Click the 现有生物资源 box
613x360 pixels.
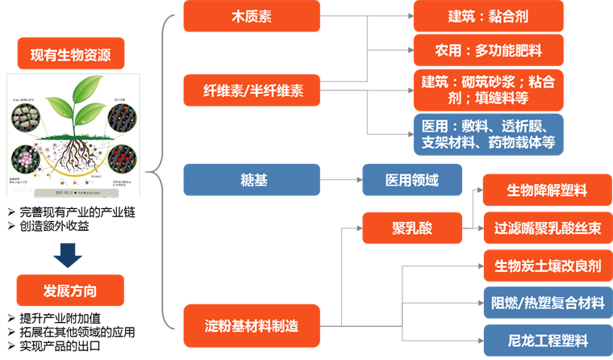(x=71, y=55)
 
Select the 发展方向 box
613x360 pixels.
(x=71, y=290)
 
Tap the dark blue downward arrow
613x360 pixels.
(x=71, y=254)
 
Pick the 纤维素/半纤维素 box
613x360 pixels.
(x=252, y=89)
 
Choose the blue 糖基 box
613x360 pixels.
(x=252, y=179)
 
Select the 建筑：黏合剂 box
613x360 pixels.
(x=488, y=15)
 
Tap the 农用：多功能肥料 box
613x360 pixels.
(x=488, y=50)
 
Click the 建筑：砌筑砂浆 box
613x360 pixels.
(x=488, y=89)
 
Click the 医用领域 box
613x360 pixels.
(x=411, y=179)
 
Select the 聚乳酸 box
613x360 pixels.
(x=411, y=228)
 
